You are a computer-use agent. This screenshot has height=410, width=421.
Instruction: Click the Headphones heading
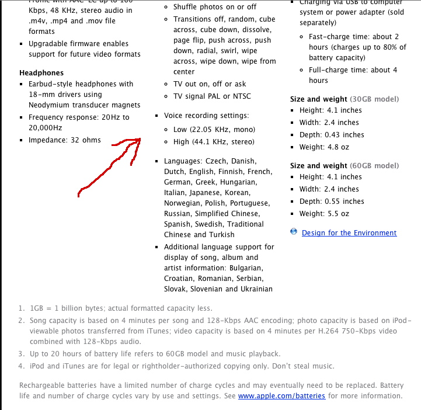pos(41,73)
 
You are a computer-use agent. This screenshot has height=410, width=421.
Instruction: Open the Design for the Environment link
pos(349,233)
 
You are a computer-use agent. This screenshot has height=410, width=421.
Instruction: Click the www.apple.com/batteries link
pos(281,396)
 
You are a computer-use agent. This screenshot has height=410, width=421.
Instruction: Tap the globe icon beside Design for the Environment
pos(294,232)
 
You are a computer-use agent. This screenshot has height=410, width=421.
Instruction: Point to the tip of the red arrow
pos(141,139)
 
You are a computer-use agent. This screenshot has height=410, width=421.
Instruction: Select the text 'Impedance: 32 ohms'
pos(64,140)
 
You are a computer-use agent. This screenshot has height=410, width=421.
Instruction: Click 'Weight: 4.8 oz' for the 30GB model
pos(324,147)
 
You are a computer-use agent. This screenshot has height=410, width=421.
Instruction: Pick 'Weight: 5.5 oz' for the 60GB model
pos(324,214)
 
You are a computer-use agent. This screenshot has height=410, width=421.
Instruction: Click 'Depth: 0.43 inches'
pos(331,135)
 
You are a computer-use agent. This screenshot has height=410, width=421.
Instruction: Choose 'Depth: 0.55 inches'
pos(331,201)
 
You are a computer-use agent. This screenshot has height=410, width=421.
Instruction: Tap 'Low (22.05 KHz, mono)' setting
pos(214,129)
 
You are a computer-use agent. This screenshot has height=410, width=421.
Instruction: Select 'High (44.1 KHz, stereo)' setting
pos(214,142)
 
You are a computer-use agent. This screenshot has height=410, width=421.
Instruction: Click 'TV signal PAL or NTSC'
pos(212,96)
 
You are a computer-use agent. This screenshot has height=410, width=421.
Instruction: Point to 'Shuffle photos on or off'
pos(215,7)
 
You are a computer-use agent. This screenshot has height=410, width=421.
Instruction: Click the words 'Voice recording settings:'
pos(206,116)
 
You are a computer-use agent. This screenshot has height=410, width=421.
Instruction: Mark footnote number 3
pos(21,354)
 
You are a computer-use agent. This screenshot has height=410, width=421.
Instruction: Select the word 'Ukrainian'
pos(255,289)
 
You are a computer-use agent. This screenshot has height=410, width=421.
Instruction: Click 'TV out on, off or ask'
pos(210,84)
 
